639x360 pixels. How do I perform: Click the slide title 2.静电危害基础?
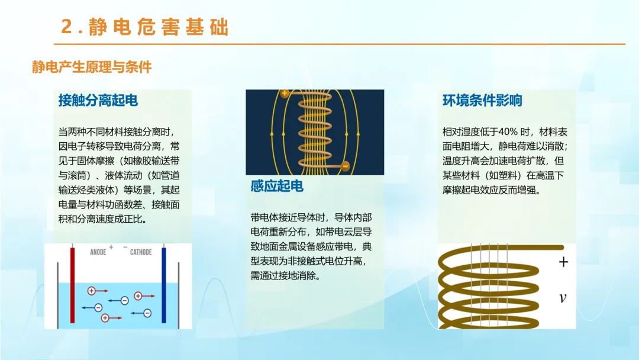click(x=145, y=27)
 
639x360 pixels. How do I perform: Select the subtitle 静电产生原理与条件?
click(x=92, y=67)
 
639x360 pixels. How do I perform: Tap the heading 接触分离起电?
click(x=98, y=100)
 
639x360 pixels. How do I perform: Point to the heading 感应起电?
click(x=277, y=186)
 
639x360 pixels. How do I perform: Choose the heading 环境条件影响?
click(x=482, y=100)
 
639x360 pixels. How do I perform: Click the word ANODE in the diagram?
click(x=98, y=252)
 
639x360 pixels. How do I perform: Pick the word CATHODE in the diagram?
click(x=141, y=252)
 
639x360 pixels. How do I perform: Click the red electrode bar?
click(x=73, y=285)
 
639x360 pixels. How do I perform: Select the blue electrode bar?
click(x=164, y=285)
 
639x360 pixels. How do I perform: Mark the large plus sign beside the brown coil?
click(x=564, y=262)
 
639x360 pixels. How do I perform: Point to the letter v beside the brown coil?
click(x=563, y=298)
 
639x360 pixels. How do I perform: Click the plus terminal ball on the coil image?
click(x=285, y=94)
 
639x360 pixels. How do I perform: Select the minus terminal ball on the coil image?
click(x=345, y=166)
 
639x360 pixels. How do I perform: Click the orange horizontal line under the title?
click(x=340, y=44)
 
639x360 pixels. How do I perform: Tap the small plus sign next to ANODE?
click(x=111, y=247)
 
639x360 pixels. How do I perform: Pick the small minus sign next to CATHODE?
click(x=125, y=247)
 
